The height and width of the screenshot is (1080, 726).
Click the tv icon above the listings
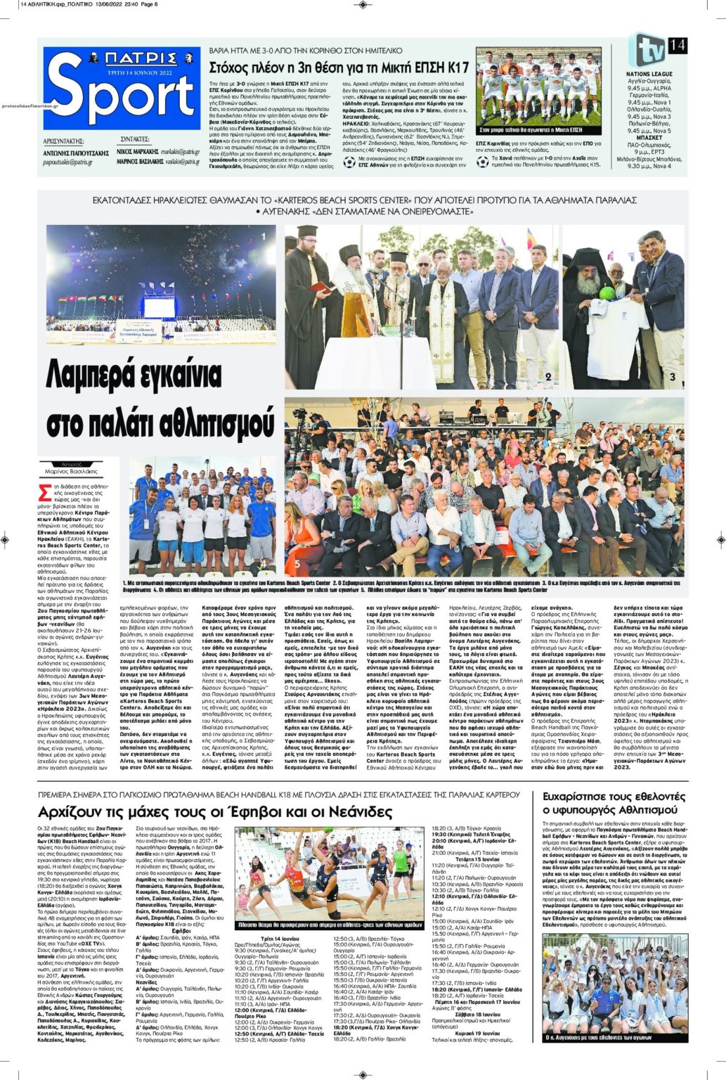(x=647, y=50)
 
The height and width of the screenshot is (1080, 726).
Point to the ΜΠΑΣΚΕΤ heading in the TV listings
(x=649, y=138)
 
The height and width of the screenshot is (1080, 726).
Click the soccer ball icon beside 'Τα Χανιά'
(x=482, y=162)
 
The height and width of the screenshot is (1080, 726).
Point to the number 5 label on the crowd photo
(x=297, y=563)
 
